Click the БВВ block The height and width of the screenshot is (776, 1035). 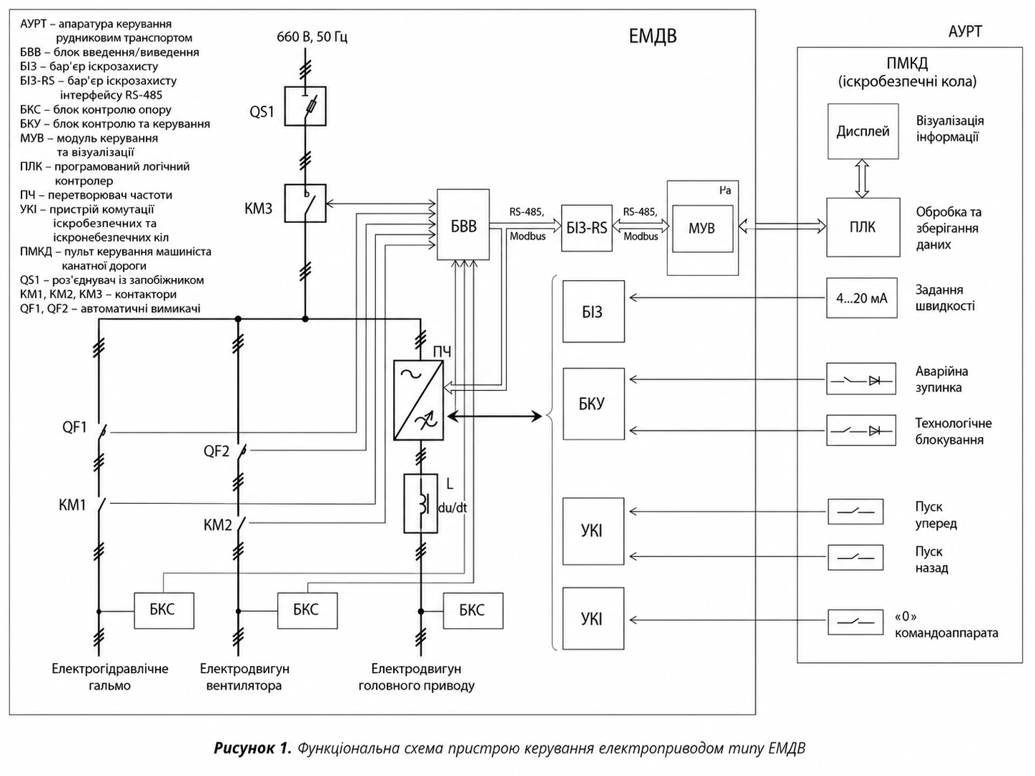pos(463,224)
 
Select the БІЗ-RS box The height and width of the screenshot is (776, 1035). pos(587,228)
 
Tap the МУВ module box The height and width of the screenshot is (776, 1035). pos(703,229)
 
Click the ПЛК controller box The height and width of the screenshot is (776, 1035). pos(863,227)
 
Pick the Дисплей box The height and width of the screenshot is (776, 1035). pos(863,131)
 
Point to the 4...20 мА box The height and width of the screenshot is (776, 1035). pos(861,298)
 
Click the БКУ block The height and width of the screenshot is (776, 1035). pos(593,404)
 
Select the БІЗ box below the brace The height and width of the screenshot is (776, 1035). pos(593,312)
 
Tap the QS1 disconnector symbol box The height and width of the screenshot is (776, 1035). pos(305,106)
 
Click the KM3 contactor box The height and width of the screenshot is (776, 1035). pos(305,203)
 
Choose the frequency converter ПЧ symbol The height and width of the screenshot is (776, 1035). pos(418,400)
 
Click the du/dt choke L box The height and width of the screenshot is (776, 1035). pos(420,503)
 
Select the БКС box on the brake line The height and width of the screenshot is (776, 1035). pos(164,611)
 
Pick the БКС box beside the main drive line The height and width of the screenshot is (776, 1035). pos(473,611)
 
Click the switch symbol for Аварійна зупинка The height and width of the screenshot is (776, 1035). pos(861,379)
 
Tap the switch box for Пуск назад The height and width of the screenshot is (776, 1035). pos(856,557)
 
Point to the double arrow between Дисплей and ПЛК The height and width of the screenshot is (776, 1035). pos(863,179)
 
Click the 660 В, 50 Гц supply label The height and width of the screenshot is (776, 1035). pos(312,36)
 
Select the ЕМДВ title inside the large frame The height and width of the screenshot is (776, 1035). pos(653,36)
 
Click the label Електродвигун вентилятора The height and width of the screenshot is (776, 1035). pos(244,677)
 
